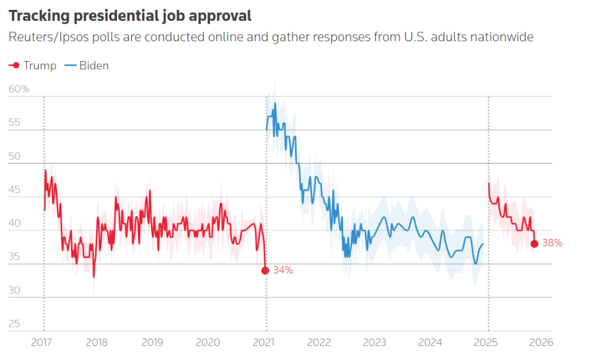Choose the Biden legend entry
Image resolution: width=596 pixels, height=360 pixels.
point(87,65)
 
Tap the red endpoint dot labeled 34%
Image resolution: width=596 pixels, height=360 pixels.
point(265,270)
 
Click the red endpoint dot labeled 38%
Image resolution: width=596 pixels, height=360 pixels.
point(534,243)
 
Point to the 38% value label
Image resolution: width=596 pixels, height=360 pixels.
point(552,243)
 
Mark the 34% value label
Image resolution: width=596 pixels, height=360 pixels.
point(282,270)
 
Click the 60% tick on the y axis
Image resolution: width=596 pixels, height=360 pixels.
point(19,89)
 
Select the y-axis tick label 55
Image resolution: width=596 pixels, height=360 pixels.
point(15,123)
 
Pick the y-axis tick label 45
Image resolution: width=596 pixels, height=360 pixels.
point(15,190)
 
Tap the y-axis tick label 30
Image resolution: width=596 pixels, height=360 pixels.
point(15,290)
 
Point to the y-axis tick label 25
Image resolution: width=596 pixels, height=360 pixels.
point(15,323)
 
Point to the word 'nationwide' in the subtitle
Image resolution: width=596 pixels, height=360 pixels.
point(504,38)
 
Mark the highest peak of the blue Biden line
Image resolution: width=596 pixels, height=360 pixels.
point(275,104)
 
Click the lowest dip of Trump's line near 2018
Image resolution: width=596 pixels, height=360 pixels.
point(94,277)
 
